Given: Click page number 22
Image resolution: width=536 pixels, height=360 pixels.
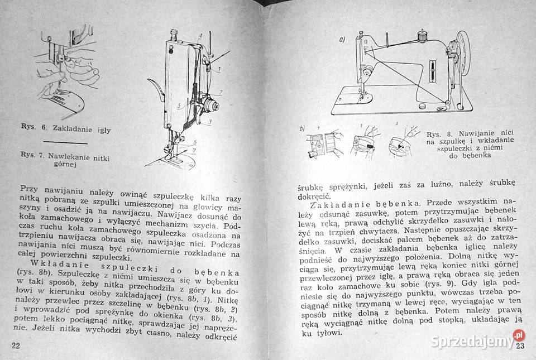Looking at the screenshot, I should (x=16, y=345).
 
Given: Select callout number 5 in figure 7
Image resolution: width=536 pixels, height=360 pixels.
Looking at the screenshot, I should (x=179, y=105).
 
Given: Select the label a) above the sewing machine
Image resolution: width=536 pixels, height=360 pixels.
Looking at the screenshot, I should (x=342, y=40).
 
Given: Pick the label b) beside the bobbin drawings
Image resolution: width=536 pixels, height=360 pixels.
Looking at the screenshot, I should (x=302, y=129).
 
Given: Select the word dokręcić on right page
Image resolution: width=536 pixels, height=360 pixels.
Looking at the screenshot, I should (x=313, y=196).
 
